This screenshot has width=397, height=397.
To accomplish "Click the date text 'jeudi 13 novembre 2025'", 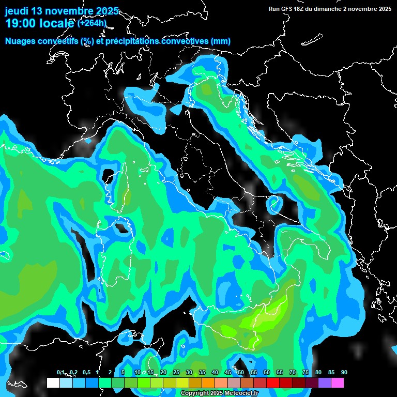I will pyautogui.click(x=62, y=11).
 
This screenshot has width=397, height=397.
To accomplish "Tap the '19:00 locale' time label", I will pyautogui.click(x=39, y=23).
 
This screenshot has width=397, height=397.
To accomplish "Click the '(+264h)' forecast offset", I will pyautogui.click(x=91, y=23).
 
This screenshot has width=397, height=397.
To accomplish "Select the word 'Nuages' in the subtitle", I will pyautogui.click(x=21, y=41).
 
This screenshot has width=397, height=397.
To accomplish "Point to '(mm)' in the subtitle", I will pyautogui.click(x=220, y=41).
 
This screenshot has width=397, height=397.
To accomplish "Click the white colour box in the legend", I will pyautogui.click(x=53, y=383).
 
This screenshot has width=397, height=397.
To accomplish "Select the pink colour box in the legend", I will pyautogui.click(x=338, y=383).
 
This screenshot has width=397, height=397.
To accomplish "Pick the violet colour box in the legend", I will pyautogui.click(x=325, y=383).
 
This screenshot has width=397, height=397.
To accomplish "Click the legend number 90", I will pyautogui.click(x=344, y=373).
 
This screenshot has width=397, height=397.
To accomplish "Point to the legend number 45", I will pyautogui.click(x=228, y=373).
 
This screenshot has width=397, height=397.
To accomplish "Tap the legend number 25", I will pyautogui.click(x=176, y=373).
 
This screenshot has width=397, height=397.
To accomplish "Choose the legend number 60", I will pyautogui.click(x=267, y=373).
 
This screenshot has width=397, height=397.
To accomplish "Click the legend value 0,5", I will pyautogui.click(x=86, y=373).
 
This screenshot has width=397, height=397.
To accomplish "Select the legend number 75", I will pyautogui.click(x=306, y=373).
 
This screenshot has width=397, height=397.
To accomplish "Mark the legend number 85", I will pyautogui.click(x=331, y=373).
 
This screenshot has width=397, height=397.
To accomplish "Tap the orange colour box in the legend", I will pyautogui.click(x=208, y=383).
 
